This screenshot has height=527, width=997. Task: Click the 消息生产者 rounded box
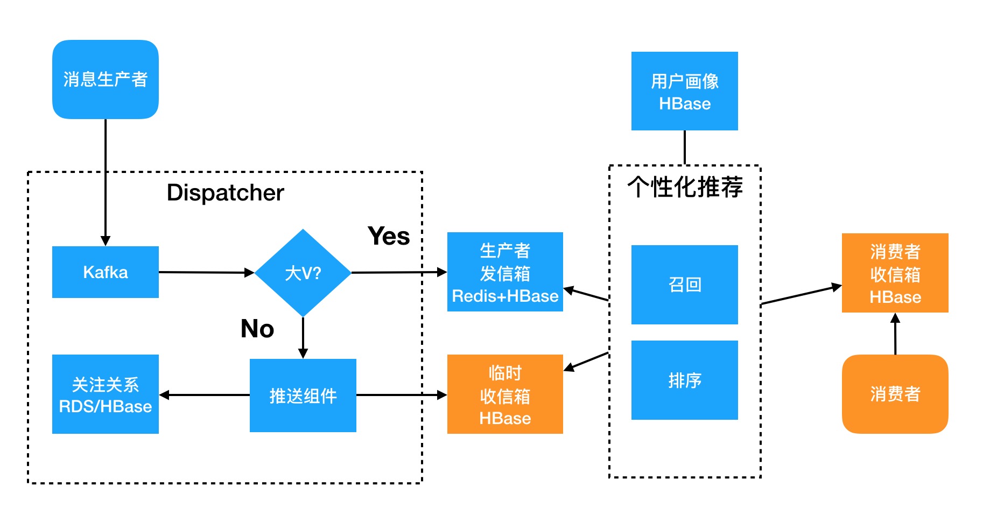105,79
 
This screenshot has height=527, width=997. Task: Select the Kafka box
105,272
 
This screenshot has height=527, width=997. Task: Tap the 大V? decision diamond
303,273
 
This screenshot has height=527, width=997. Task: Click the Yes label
388,236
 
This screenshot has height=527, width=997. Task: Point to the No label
257,329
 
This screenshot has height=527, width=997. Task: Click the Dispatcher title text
225,193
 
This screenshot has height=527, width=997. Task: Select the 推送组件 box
303,396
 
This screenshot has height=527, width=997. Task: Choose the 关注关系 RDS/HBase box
105,394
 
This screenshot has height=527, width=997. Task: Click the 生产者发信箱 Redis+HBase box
504,272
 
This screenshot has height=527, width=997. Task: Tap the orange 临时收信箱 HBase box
504,394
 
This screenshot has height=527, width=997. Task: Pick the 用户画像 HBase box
684,91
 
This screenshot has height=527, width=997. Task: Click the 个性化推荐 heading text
684,187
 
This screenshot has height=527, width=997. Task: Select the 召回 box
684,285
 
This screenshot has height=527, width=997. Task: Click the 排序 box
684,380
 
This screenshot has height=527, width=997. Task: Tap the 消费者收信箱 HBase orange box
895,273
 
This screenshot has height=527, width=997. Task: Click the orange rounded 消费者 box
895,394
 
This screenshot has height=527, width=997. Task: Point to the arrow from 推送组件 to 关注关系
205,395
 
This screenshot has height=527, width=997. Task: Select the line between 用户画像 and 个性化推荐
684,147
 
